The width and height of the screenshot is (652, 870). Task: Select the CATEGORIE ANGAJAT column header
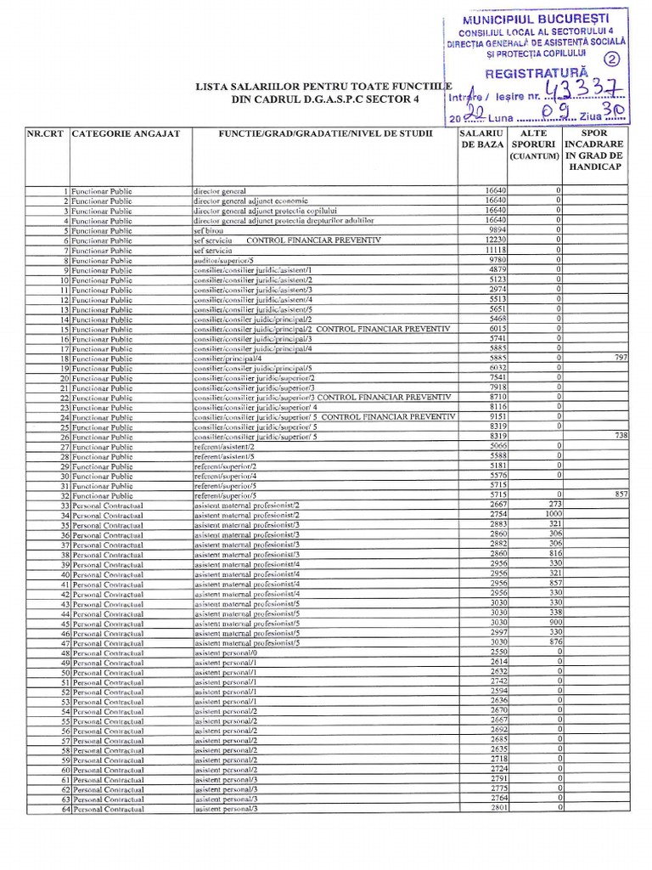pos(126,134)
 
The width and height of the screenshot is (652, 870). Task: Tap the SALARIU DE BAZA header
pos(482,139)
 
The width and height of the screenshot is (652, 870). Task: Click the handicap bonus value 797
pos(620,358)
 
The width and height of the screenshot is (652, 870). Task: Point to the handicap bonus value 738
pos(620,436)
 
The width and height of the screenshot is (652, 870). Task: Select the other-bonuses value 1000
pos(554,514)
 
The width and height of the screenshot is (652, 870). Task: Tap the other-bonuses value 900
pos(556,622)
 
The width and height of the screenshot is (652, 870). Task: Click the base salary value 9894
pos(498,230)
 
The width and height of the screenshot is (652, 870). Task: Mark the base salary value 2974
pos(498,290)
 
